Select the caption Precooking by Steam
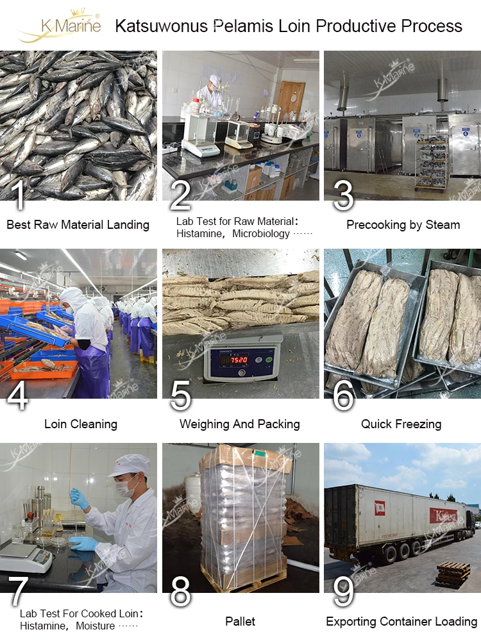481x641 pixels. click(x=403, y=225)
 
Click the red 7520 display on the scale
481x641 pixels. click(x=239, y=360)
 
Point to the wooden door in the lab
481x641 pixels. click(x=291, y=99)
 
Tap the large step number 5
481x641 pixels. click(x=180, y=395)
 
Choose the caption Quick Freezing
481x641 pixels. click(x=401, y=424)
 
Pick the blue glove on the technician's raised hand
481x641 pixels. click(x=79, y=498)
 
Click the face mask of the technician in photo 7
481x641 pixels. click(x=124, y=487)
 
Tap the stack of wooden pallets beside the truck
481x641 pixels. click(x=453, y=573)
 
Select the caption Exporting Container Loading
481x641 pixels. click(x=401, y=622)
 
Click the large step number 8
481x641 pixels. click(x=180, y=591)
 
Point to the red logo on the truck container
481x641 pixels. click(x=443, y=515)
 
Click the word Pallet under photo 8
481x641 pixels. click(x=240, y=621)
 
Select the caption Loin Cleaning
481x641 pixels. click(x=81, y=424)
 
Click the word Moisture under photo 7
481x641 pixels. click(x=96, y=626)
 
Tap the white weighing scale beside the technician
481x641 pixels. click(x=26, y=558)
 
